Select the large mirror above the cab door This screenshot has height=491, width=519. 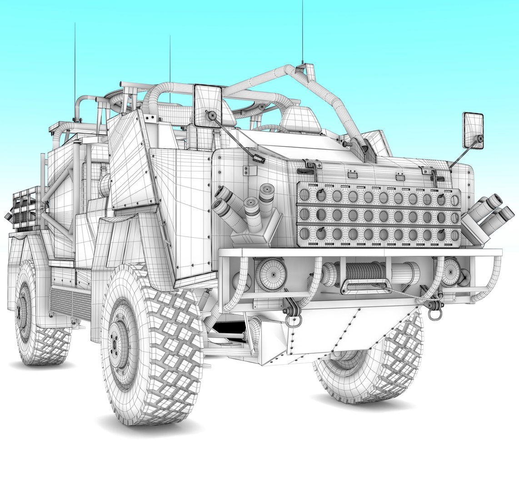click(x=208, y=105)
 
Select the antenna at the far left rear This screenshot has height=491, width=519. click(x=75, y=68)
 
